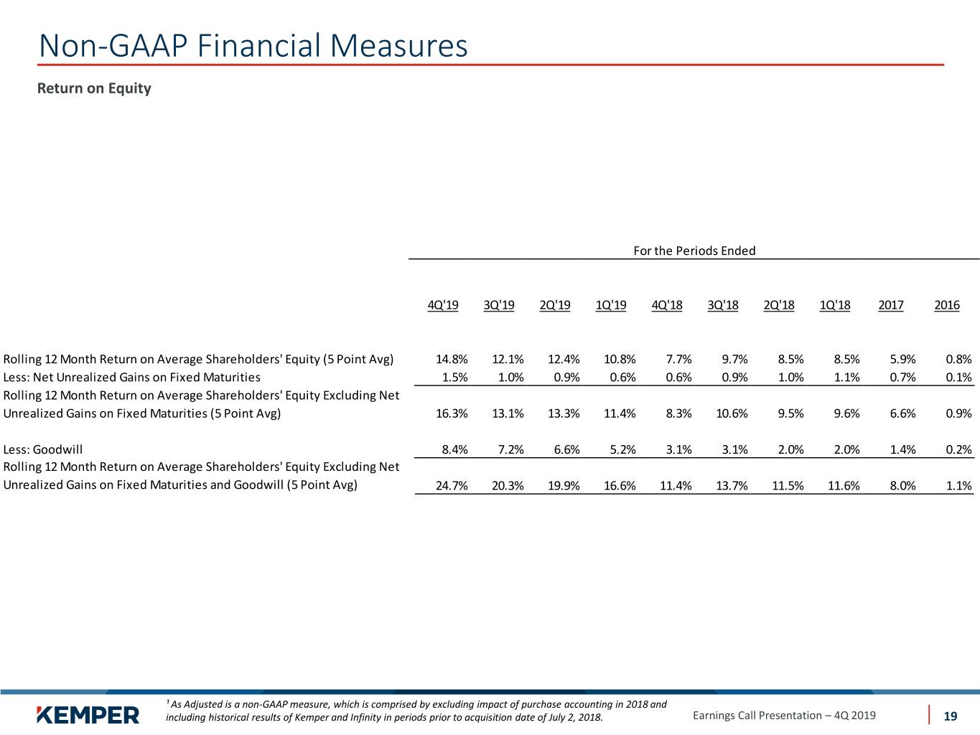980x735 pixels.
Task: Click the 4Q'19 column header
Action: (x=443, y=305)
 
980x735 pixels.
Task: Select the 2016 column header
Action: (x=946, y=305)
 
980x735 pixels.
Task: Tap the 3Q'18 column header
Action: (x=723, y=305)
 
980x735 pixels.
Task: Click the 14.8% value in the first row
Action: (x=452, y=359)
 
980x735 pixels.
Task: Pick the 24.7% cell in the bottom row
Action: (x=452, y=485)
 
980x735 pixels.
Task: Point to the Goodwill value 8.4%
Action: (x=455, y=449)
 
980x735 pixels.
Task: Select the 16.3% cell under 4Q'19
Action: (x=452, y=413)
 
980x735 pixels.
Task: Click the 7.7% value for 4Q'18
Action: (x=678, y=359)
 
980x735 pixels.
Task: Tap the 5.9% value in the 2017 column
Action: (x=902, y=359)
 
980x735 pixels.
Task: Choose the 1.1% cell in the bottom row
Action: (x=959, y=485)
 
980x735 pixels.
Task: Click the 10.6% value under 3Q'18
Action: (x=732, y=413)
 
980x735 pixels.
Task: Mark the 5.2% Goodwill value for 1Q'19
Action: (x=623, y=449)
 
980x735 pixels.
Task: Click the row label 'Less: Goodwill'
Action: (x=43, y=449)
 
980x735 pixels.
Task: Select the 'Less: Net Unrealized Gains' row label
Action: (x=131, y=378)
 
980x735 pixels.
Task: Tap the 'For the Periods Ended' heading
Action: (x=694, y=251)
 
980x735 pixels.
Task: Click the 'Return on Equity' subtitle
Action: (x=94, y=88)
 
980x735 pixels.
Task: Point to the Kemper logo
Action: (x=88, y=716)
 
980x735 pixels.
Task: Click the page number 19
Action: (x=950, y=716)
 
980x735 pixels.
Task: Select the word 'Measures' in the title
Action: (x=399, y=46)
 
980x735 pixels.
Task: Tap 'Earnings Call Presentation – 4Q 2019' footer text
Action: (x=784, y=716)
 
